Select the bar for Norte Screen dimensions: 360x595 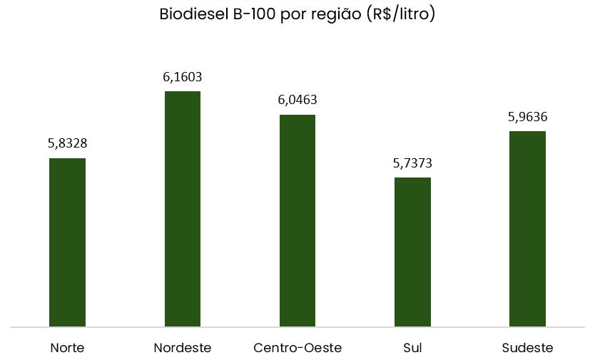tap(67, 242)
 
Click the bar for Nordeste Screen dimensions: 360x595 tap(183, 209)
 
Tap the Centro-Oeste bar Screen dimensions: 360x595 tap(297, 220)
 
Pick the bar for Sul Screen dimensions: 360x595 tap(412, 252)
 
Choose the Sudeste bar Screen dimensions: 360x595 tap(527, 229)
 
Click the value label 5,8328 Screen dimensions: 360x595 tap(67, 143)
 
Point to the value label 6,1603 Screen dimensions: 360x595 tap(183, 77)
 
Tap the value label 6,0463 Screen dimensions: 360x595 tap(297, 100)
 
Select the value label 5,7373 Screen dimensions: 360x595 tap(412, 163)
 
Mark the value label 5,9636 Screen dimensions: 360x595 tap(527, 117)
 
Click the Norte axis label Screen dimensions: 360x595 tap(67, 348)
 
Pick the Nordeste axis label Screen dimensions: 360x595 tap(183, 348)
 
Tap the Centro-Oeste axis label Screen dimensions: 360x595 tap(297, 348)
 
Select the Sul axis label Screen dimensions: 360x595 tap(412, 348)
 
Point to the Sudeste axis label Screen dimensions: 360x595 tap(527, 348)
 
